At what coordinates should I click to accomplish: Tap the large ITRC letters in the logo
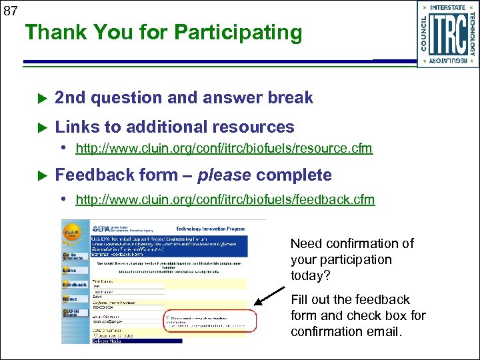[447, 34]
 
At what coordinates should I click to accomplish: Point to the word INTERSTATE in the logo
[447, 7]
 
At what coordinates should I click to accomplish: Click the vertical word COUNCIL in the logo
[423, 34]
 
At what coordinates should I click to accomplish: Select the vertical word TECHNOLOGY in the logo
[472, 34]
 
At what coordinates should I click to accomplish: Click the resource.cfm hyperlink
[224, 148]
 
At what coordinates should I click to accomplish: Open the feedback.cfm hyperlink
[225, 199]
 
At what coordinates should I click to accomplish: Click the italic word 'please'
[225, 176]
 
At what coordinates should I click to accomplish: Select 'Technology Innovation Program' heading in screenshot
[211, 228]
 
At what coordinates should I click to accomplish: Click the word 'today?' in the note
[309, 275]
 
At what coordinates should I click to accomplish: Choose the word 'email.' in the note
[385, 331]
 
